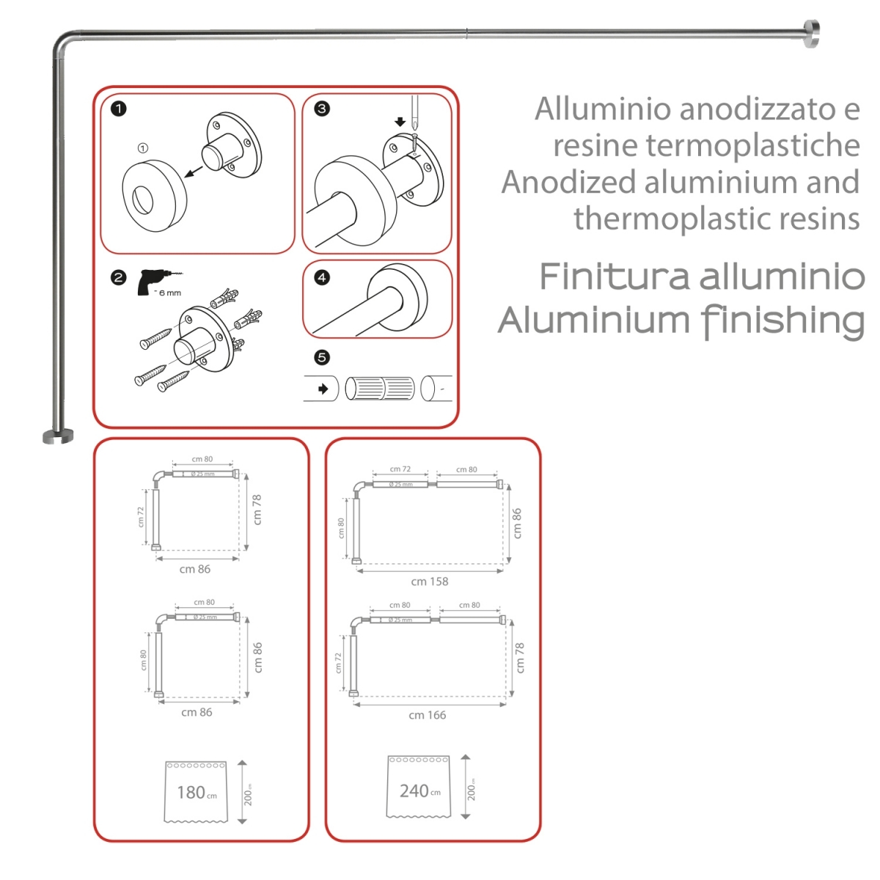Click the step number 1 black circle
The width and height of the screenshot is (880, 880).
point(118,109)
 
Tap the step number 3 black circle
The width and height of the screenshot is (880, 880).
point(321,109)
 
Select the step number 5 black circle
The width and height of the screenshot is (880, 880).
point(321,357)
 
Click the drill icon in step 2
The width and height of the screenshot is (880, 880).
point(152,282)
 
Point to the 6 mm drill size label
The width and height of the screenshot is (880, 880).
point(169,293)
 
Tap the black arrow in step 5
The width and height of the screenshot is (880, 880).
point(322,389)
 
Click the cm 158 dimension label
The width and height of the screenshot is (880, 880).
point(429,582)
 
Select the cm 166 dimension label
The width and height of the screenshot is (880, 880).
point(427,715)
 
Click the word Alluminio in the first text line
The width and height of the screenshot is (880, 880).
point(602,109)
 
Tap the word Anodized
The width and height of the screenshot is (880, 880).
point(568,183)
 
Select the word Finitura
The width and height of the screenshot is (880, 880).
point(615,277)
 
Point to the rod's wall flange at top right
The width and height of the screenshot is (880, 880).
point(810,33)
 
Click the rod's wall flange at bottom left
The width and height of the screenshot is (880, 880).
point(57,436)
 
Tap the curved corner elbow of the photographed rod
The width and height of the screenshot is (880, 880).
point(62,43)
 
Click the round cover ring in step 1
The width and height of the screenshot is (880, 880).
point(153,196)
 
